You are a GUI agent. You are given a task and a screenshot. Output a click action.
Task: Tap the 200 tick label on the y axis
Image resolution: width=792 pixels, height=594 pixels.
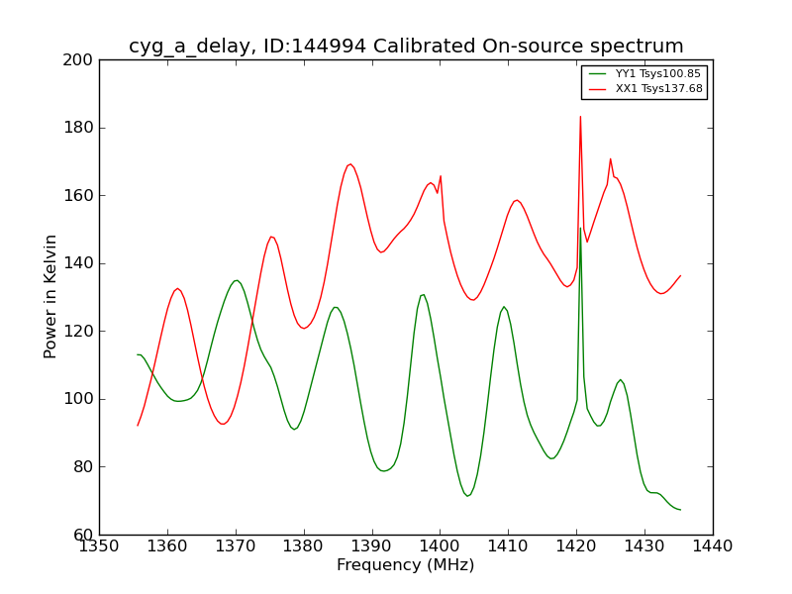79,60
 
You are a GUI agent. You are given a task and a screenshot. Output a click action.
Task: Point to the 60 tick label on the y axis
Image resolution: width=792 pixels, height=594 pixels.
83,535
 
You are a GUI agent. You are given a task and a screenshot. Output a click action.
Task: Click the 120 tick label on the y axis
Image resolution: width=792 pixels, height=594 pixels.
79,332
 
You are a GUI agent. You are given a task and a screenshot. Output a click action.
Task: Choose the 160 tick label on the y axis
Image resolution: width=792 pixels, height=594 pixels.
79,196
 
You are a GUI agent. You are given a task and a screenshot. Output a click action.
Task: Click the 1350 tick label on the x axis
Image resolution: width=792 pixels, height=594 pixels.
99,546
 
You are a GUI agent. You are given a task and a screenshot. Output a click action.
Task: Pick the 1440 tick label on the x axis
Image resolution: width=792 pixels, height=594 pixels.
712,546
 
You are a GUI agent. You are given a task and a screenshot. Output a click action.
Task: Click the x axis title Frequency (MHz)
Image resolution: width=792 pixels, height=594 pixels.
405,565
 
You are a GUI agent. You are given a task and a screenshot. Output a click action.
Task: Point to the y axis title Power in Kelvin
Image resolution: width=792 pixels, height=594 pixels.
50,296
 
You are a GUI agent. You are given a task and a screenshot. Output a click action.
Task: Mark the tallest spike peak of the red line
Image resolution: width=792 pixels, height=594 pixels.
580,117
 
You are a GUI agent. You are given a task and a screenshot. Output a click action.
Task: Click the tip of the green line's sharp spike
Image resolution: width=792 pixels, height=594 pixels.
580,228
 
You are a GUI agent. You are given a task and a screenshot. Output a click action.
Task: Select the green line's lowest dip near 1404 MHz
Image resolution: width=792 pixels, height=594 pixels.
467,496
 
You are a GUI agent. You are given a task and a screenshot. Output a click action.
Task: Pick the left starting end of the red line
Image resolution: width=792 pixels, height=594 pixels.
138,426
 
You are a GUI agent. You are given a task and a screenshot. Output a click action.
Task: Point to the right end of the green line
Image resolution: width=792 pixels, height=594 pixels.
680,510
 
